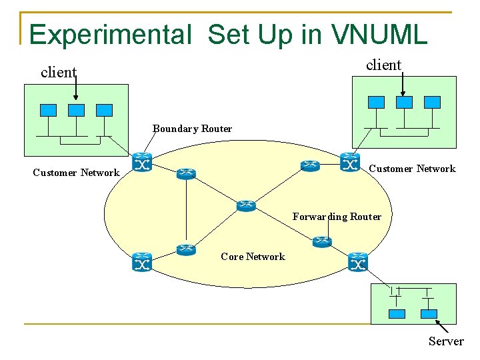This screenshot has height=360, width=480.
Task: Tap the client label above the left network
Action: (58, 73)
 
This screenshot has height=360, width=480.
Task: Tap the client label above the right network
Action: (383, 65)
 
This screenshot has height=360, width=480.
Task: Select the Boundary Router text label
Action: (192, 129)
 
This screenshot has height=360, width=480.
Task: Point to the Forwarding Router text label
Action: (337, 217)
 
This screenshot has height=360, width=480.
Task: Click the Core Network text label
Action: (253, 257)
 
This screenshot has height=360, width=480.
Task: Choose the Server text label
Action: (446, 341)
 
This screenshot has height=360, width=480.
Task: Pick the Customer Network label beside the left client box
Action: (76, 173)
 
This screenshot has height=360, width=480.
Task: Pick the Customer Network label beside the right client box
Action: (412, 169)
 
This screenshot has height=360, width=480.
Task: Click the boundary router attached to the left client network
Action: (142, 162)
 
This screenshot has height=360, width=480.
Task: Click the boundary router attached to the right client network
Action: (350, 162)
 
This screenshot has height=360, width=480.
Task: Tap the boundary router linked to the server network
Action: (358, 262)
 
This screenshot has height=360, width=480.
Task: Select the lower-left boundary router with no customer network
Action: (142, 262)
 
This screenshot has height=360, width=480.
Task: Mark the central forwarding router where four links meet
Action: (246, 206)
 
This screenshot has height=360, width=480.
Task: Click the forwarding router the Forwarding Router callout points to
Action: (322, 242)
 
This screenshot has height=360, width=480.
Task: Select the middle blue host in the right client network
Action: (404, 102)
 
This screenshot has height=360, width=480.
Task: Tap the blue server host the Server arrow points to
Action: (429, 313)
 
